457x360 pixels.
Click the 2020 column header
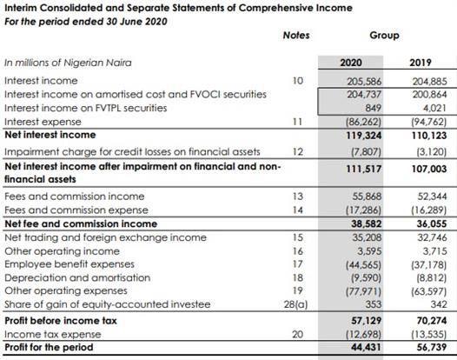[351, 63]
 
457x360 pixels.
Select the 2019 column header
[421, 63]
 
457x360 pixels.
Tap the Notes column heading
[296, 36]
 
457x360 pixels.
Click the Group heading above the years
[384, 36]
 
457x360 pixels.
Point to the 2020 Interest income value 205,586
[364, 81]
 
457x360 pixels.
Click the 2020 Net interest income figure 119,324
[364, 136]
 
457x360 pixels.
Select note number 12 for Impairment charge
[298, 151]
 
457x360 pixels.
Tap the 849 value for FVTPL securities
[374, 108]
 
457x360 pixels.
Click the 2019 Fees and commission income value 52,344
[432, 197]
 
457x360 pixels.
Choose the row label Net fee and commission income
[81, 223]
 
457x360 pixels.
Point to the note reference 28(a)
[295, 304]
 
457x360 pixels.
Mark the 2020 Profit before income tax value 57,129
[367, 321]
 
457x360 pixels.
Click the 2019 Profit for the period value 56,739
[432, 347]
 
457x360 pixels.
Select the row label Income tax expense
[53, 334]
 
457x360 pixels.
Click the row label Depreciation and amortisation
[77, 277]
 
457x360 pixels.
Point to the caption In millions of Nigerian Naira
[68, 63]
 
